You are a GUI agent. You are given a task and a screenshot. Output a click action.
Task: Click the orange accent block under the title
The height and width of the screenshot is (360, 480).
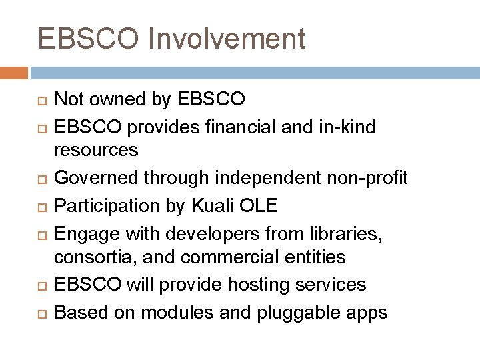14,72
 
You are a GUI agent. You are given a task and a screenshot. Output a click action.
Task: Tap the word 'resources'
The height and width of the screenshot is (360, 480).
97,150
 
